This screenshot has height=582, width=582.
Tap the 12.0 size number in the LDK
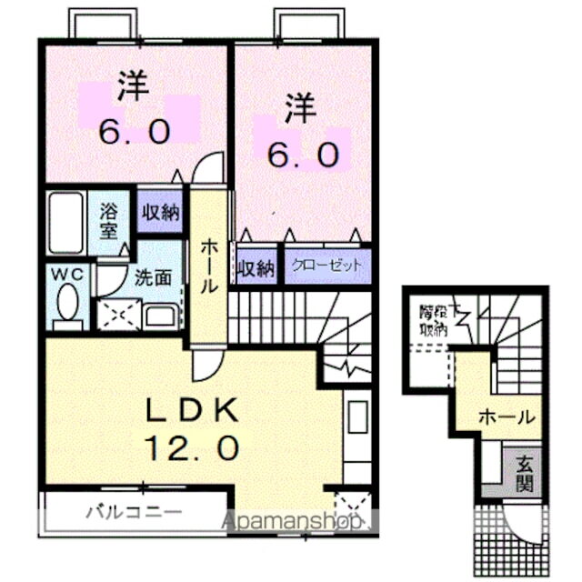(193, 447)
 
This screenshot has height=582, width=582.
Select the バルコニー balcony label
(134, 512)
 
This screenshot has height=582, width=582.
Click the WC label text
(65, 273)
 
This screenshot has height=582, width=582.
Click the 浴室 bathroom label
(109, 219)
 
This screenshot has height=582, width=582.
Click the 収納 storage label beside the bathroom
(159, 213)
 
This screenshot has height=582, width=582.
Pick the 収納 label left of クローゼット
(256, 268)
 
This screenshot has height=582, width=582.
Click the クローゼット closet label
(327, 267)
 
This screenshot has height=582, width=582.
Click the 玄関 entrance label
(525, 472)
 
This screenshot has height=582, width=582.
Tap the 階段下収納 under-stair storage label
(435, 318)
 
